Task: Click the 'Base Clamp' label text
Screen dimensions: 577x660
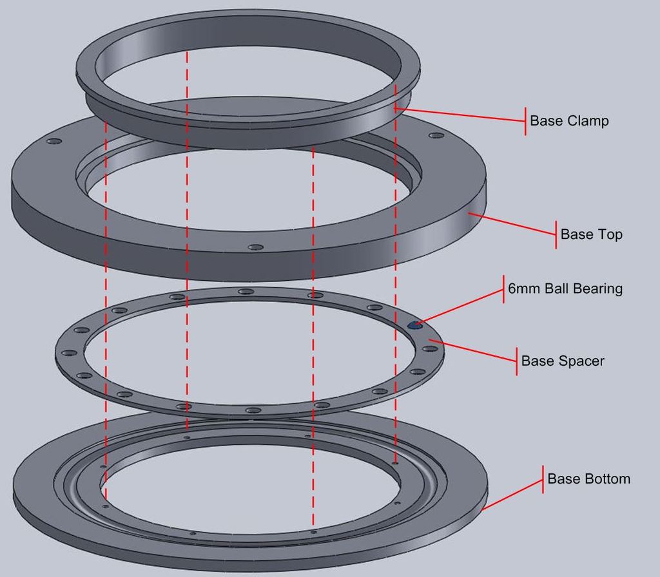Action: (568, 121)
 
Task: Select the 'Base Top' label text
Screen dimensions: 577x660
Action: (591, 234)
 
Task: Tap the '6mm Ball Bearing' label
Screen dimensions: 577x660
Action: (565, 288)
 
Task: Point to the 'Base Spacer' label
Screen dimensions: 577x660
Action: (562, 361)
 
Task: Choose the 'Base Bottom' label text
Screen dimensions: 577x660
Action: (588, 479)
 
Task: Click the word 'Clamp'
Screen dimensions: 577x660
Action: (588, 121)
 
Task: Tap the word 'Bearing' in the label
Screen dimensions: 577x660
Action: (599, 288)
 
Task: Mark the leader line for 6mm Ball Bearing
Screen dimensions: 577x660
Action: (461, 307)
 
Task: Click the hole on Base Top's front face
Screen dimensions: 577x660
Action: (256, 247)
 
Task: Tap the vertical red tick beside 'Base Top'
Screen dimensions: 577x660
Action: (556, 234)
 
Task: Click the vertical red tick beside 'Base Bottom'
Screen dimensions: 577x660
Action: (543, 479)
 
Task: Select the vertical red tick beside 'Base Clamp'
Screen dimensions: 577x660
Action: (525, 121)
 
